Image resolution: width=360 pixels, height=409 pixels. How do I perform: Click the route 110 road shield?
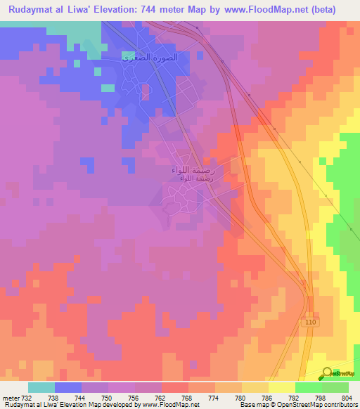click(x=311, y=321)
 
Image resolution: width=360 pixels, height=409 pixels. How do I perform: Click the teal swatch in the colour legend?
click(x=41, y=387)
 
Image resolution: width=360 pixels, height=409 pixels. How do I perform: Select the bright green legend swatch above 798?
click(x=307, y=387)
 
